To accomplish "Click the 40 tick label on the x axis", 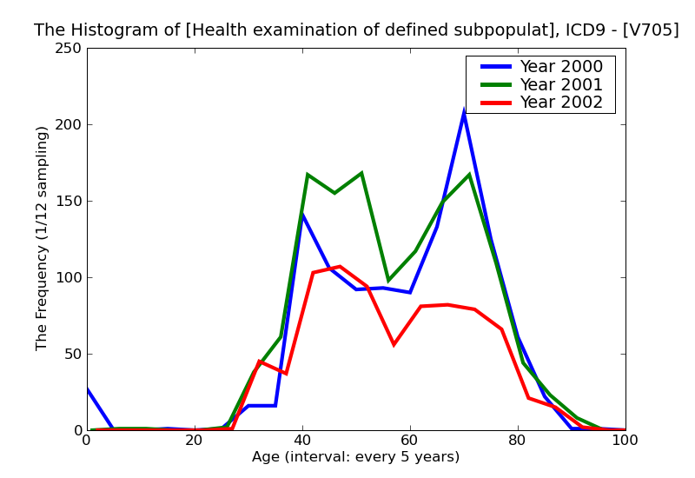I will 302,441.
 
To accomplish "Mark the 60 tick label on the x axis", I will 410,441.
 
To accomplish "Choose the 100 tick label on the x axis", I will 625,441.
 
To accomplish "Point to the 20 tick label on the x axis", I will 195,441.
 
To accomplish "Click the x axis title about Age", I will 355,457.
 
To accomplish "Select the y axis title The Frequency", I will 43,238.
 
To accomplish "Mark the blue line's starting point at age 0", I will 88,388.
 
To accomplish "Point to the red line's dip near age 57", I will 394,344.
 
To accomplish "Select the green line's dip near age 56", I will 388,280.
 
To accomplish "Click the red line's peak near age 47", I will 340,267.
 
